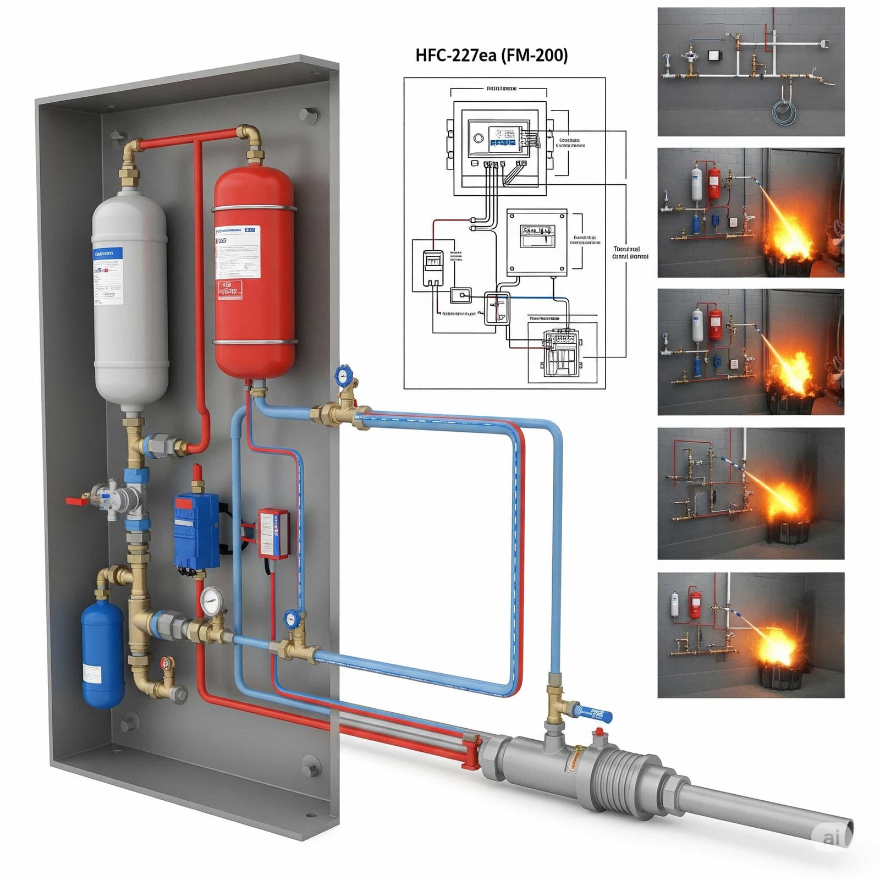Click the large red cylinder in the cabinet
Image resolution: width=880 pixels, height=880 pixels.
(x=254, y=275)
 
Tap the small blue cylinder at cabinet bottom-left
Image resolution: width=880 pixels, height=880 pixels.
(x=103, y=654)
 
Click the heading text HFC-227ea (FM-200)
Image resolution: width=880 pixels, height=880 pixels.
(x=491, y=56)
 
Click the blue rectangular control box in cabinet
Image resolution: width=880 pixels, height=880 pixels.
(x=196, y=531)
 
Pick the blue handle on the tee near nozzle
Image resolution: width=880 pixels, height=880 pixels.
(x=594, y=714)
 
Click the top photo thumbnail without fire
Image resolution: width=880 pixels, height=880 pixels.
(x=751, y=71)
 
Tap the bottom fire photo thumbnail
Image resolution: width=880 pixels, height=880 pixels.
(x=751, y=635)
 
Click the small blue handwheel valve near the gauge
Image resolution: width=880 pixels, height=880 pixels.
(x=291, y=619)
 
